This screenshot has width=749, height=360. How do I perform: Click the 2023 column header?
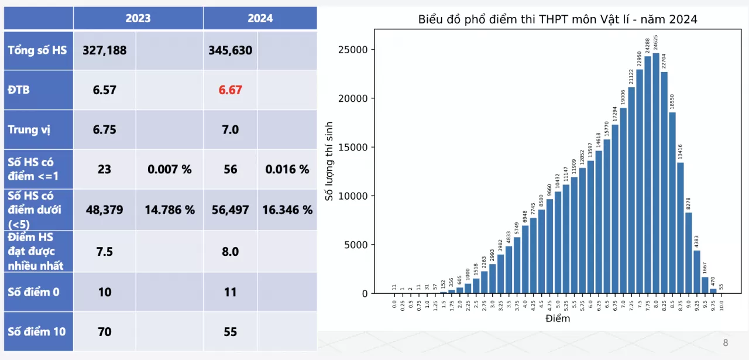pyautogui.click(x=138, y=18)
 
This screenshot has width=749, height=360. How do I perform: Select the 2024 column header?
pyautogui.click(x=260, y=18)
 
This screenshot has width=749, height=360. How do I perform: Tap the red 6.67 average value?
pyautogui.click(x=230, y=90)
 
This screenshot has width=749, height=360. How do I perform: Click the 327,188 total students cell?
pyautogui.click(x=104, y=50)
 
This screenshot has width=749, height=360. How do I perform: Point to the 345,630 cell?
pyautogui.click(x=230, y=50)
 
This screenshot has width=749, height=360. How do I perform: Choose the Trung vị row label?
pyautogui.click(x=29, y=129)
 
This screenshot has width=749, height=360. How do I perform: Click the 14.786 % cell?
pyautogui.click(x=170, y=210)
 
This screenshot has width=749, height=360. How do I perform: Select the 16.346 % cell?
pyautogui.click(x=287, y=210)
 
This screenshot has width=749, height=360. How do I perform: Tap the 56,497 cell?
pyautogui.click(x=230, y=210)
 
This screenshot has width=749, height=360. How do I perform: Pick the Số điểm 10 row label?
pyautogui.click(x=37, y=331)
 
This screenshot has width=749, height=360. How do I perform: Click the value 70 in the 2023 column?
pyautogui.click(x=104, y=331)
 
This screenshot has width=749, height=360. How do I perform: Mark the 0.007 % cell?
pyautogui.click(x=170, y=169)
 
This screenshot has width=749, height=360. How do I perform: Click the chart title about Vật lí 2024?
pyautogui.click(x=558, y=19)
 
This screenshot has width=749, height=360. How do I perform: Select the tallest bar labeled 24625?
pyautogui.click(x=656, y=176)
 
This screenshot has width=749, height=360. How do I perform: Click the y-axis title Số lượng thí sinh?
pyautogui.click(x=329, y=162)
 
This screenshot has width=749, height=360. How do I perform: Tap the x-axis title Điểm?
pyautogui.click(x=558, y=319)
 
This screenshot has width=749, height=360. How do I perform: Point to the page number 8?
pyautogui.click(x=726, y=343)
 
